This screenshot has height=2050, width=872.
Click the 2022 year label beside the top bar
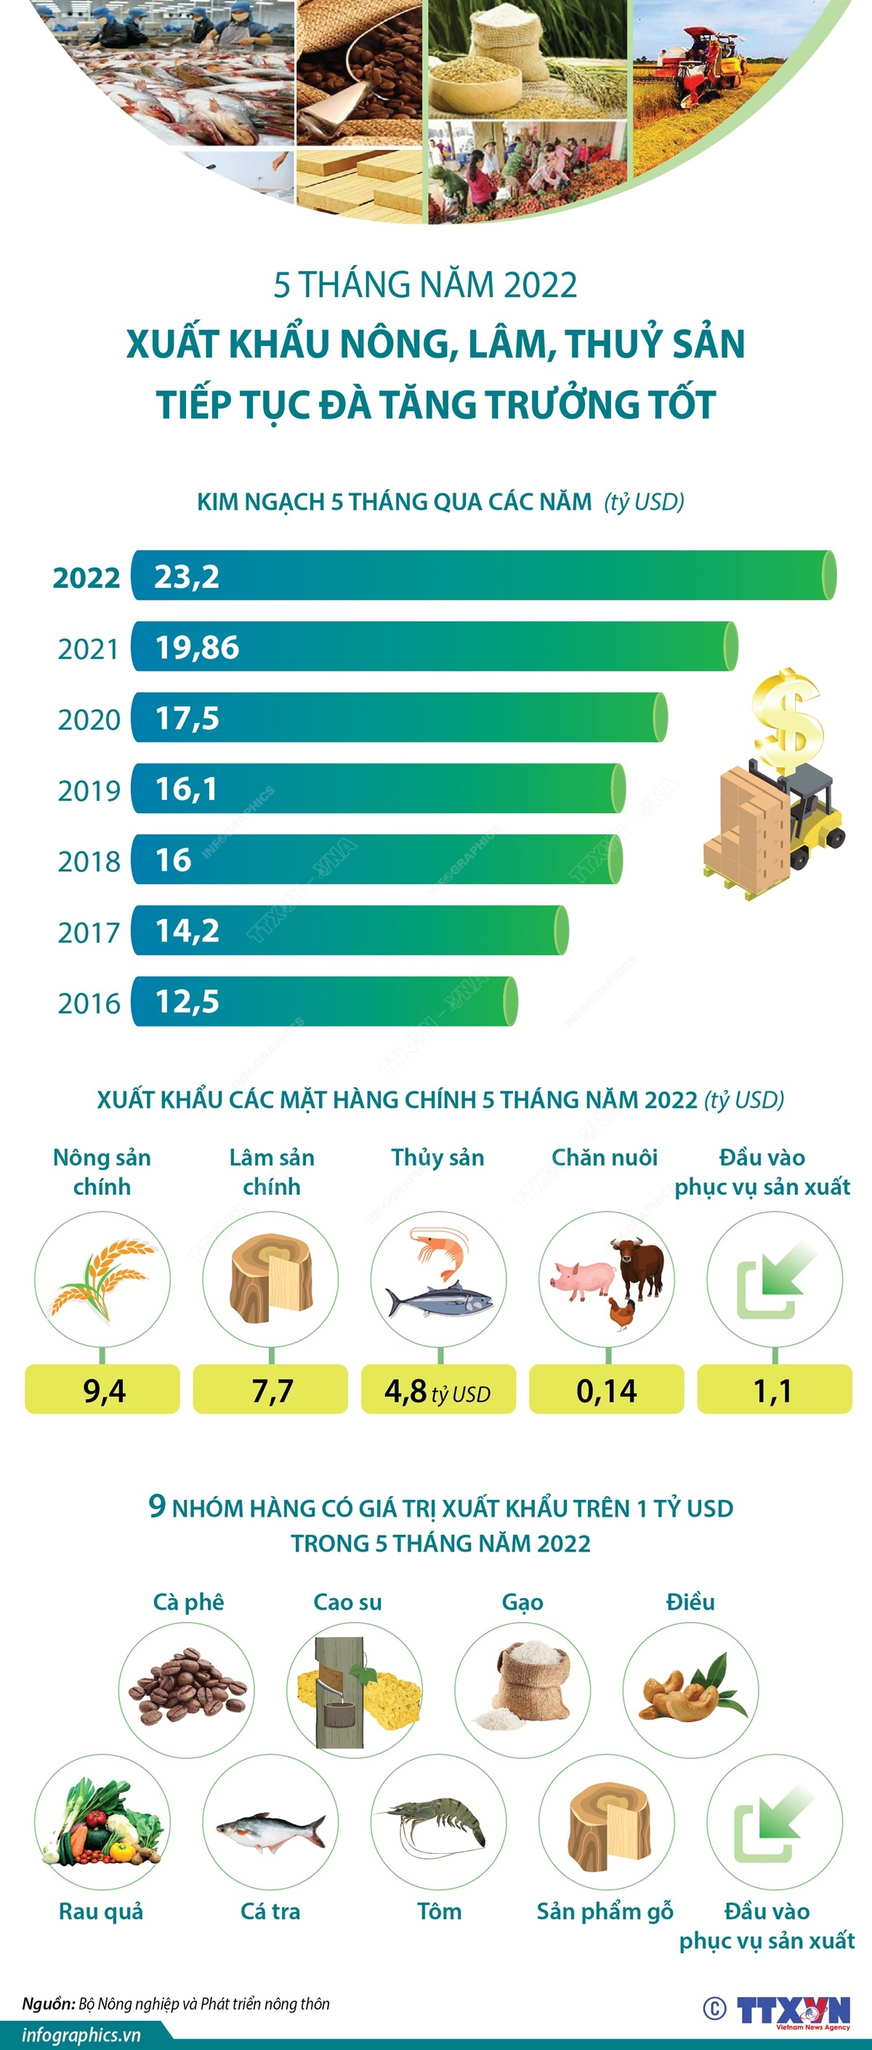tap(86, 577)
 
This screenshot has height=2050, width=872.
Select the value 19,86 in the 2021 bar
tap(196, 647)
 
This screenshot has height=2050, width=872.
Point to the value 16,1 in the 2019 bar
tap(186, 788)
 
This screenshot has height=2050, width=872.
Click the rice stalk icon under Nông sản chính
tap(101, 1279)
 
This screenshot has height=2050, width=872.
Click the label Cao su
tap(347, 1602)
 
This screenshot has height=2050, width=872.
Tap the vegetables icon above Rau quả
tap(101, 1823)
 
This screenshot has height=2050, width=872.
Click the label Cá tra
tap(270, 1910)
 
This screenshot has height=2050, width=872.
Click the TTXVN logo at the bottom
tap(794, 2009)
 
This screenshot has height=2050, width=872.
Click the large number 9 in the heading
tap(158, 1506)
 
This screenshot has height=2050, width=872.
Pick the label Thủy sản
tap(437, 1157)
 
